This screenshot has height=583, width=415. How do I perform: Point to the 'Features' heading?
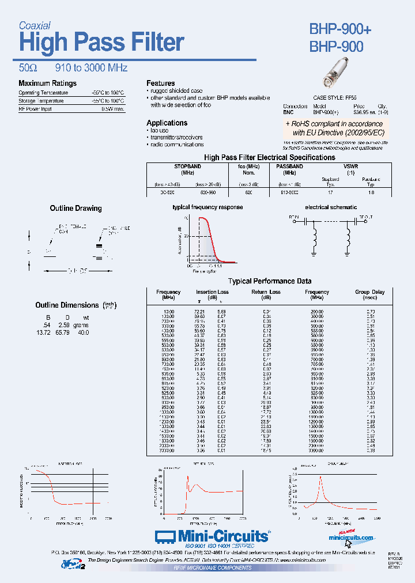click(160, 83)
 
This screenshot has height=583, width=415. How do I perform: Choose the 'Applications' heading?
click(167, 123)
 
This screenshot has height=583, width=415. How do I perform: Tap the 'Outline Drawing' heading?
click(76, 208)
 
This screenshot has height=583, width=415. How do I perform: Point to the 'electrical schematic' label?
click(331, 207)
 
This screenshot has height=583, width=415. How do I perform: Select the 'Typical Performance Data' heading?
click(270, 281)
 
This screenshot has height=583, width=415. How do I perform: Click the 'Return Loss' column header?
click(266, 292)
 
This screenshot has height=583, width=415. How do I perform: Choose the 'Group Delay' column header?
click(369, 292)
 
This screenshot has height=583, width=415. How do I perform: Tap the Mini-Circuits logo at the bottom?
click(213, 536)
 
